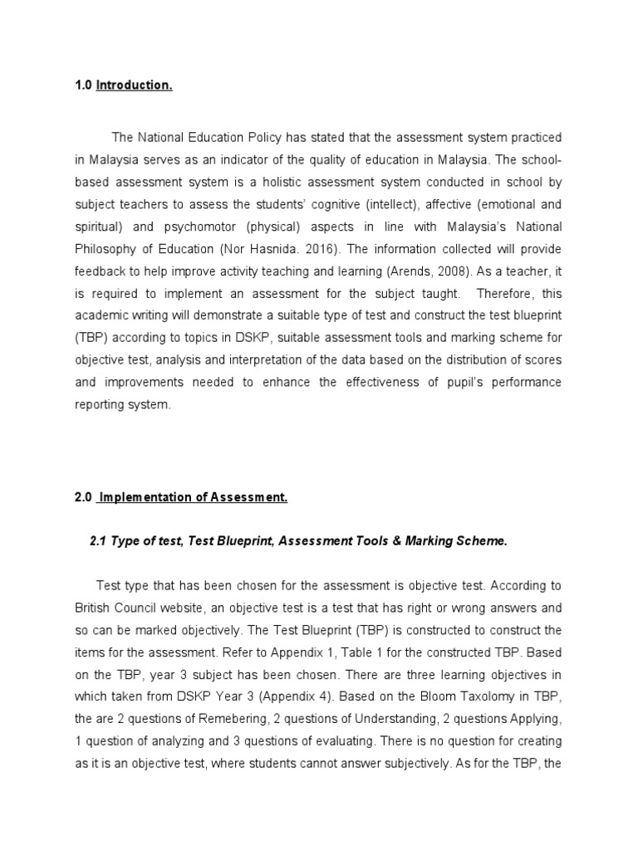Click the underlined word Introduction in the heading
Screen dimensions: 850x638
(135, 86)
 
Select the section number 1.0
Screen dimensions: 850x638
(83, 86)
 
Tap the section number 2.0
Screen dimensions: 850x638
(83, 497)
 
